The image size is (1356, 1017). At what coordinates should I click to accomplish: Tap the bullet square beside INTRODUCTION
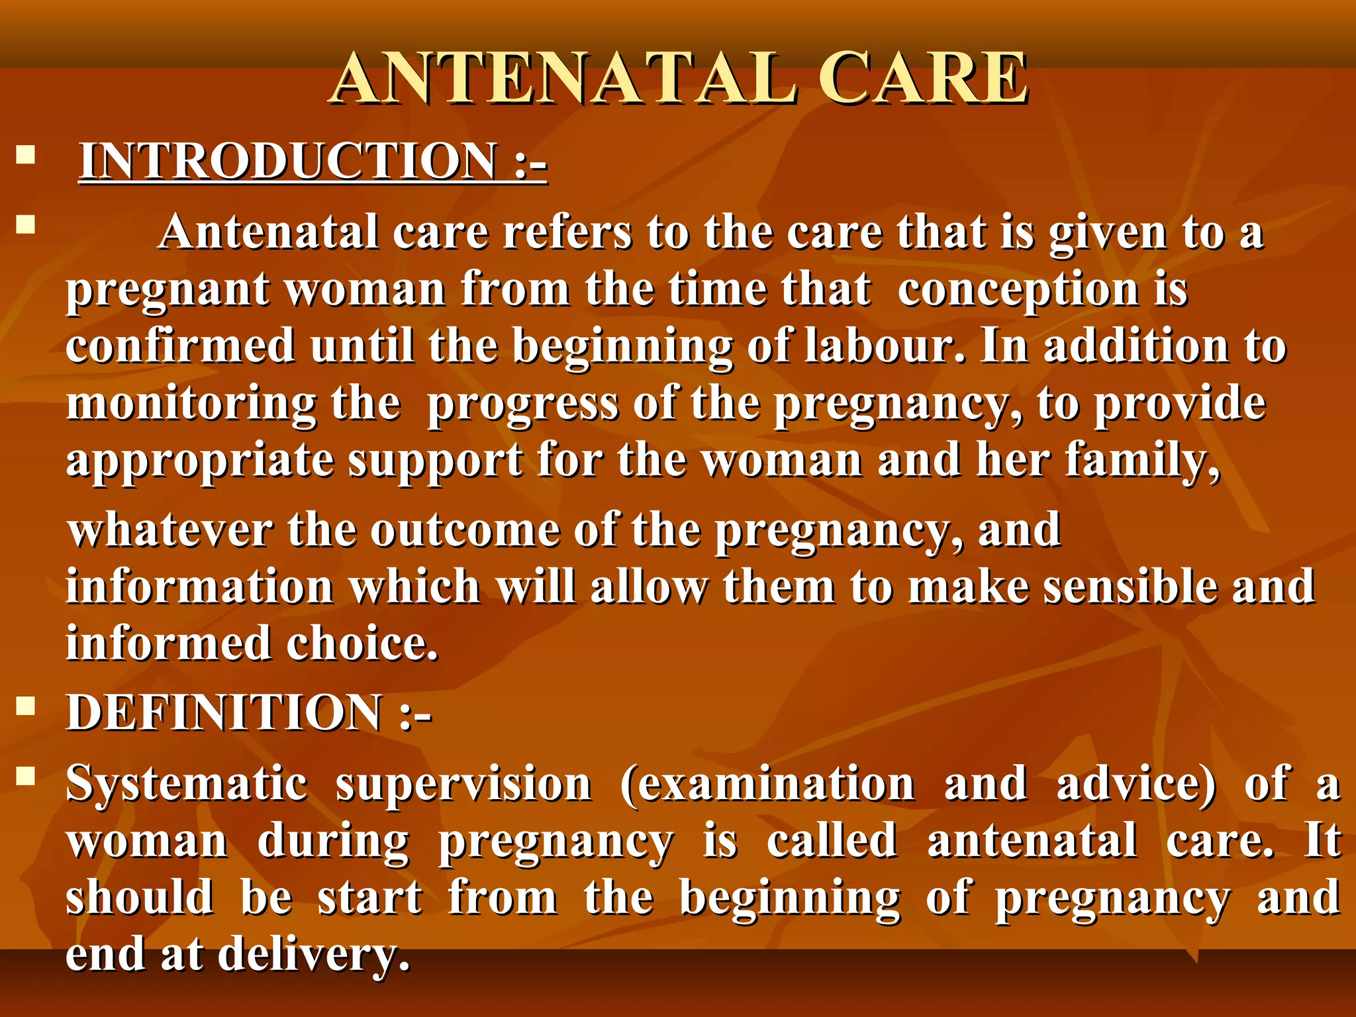point(26,156)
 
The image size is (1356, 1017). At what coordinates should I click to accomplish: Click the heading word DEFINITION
point(224,714)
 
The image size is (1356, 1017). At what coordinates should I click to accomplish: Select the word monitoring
point(192,404)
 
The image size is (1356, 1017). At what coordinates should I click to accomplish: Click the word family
point(1142,461)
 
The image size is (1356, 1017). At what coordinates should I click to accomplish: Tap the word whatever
point(171,531)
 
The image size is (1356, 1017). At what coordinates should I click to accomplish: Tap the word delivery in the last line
point(314,955)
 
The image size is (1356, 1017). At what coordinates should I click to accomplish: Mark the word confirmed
point(180,347)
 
